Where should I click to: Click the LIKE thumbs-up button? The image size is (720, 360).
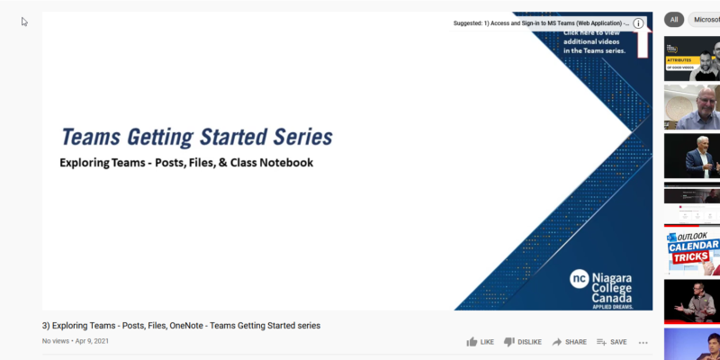480,342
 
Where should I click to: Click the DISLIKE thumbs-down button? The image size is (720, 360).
522,342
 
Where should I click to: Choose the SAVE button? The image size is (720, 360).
611,342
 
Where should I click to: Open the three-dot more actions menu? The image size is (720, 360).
643,342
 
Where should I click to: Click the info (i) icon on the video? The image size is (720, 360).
638,23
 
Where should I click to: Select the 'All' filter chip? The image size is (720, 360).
674,19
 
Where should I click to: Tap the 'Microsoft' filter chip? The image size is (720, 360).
706,19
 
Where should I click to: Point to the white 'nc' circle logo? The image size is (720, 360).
579,279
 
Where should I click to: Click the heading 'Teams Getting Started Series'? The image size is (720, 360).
196,138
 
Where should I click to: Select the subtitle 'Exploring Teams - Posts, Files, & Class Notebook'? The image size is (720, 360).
186,163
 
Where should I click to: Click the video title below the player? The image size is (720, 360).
181,325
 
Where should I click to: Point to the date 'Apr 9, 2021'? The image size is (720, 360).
93,341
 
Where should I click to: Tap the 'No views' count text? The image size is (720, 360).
55,341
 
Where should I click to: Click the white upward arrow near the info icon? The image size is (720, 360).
643,41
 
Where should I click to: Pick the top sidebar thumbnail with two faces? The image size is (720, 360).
692,58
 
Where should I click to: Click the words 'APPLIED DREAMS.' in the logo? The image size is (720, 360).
612,306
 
